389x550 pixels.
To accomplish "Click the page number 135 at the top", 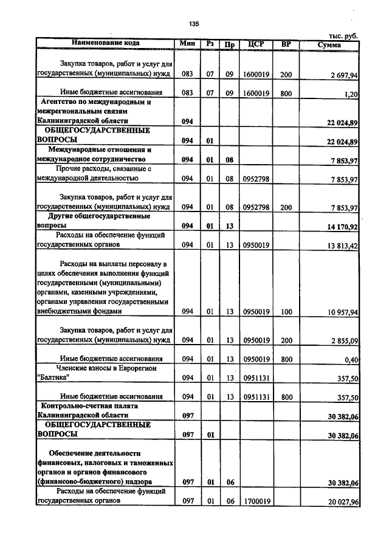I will tap(194, 24).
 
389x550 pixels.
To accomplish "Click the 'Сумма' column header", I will tap(332, 44).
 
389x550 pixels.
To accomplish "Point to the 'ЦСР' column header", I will tap(255, 44).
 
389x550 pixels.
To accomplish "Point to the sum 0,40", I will tap(351, 359).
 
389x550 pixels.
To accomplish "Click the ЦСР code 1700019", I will tap(256, 501).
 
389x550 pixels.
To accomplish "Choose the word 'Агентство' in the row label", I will tap(63, 102).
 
